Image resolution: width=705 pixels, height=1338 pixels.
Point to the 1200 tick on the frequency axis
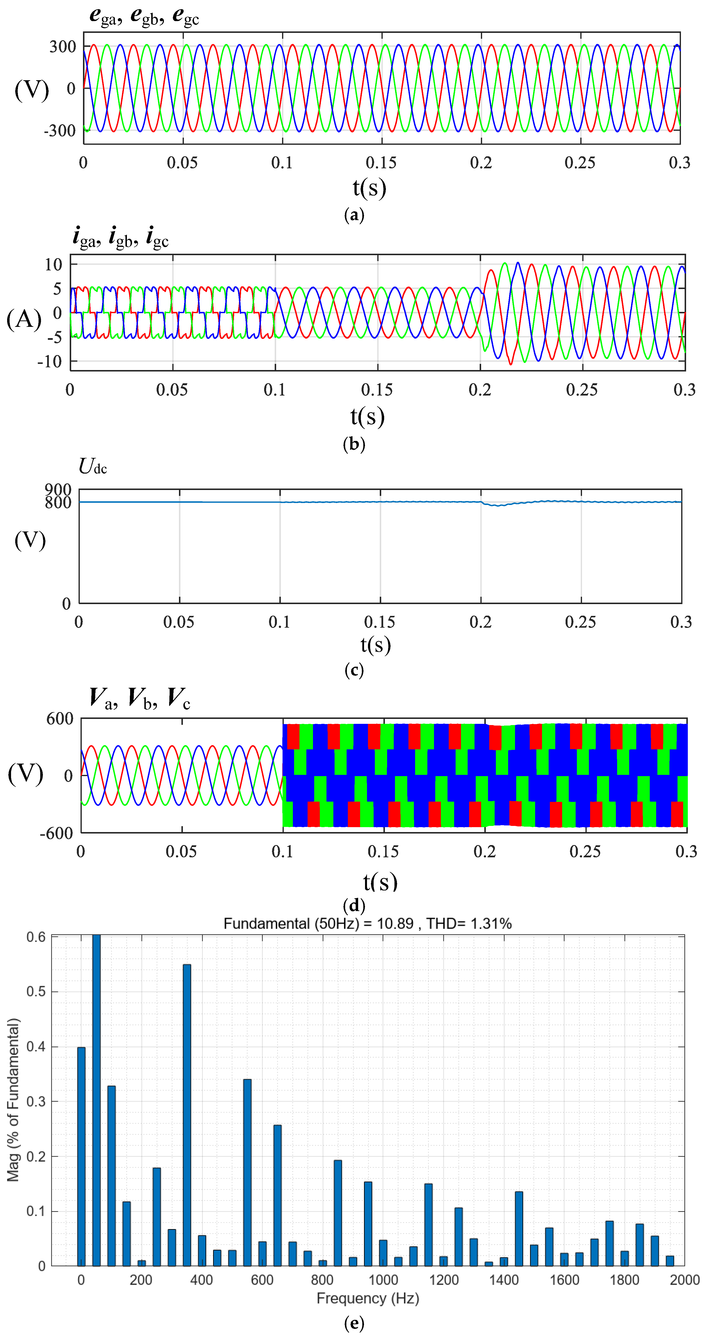click(x=444, y=1280)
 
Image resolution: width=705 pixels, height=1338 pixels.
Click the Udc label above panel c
click(x=93, y=466)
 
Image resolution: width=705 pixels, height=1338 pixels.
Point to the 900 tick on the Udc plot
click(x=58, y=489)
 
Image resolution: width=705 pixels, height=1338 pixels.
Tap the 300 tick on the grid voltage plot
click(x=63, y=47)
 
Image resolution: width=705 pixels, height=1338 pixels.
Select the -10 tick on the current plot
click(x=49, y=361)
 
